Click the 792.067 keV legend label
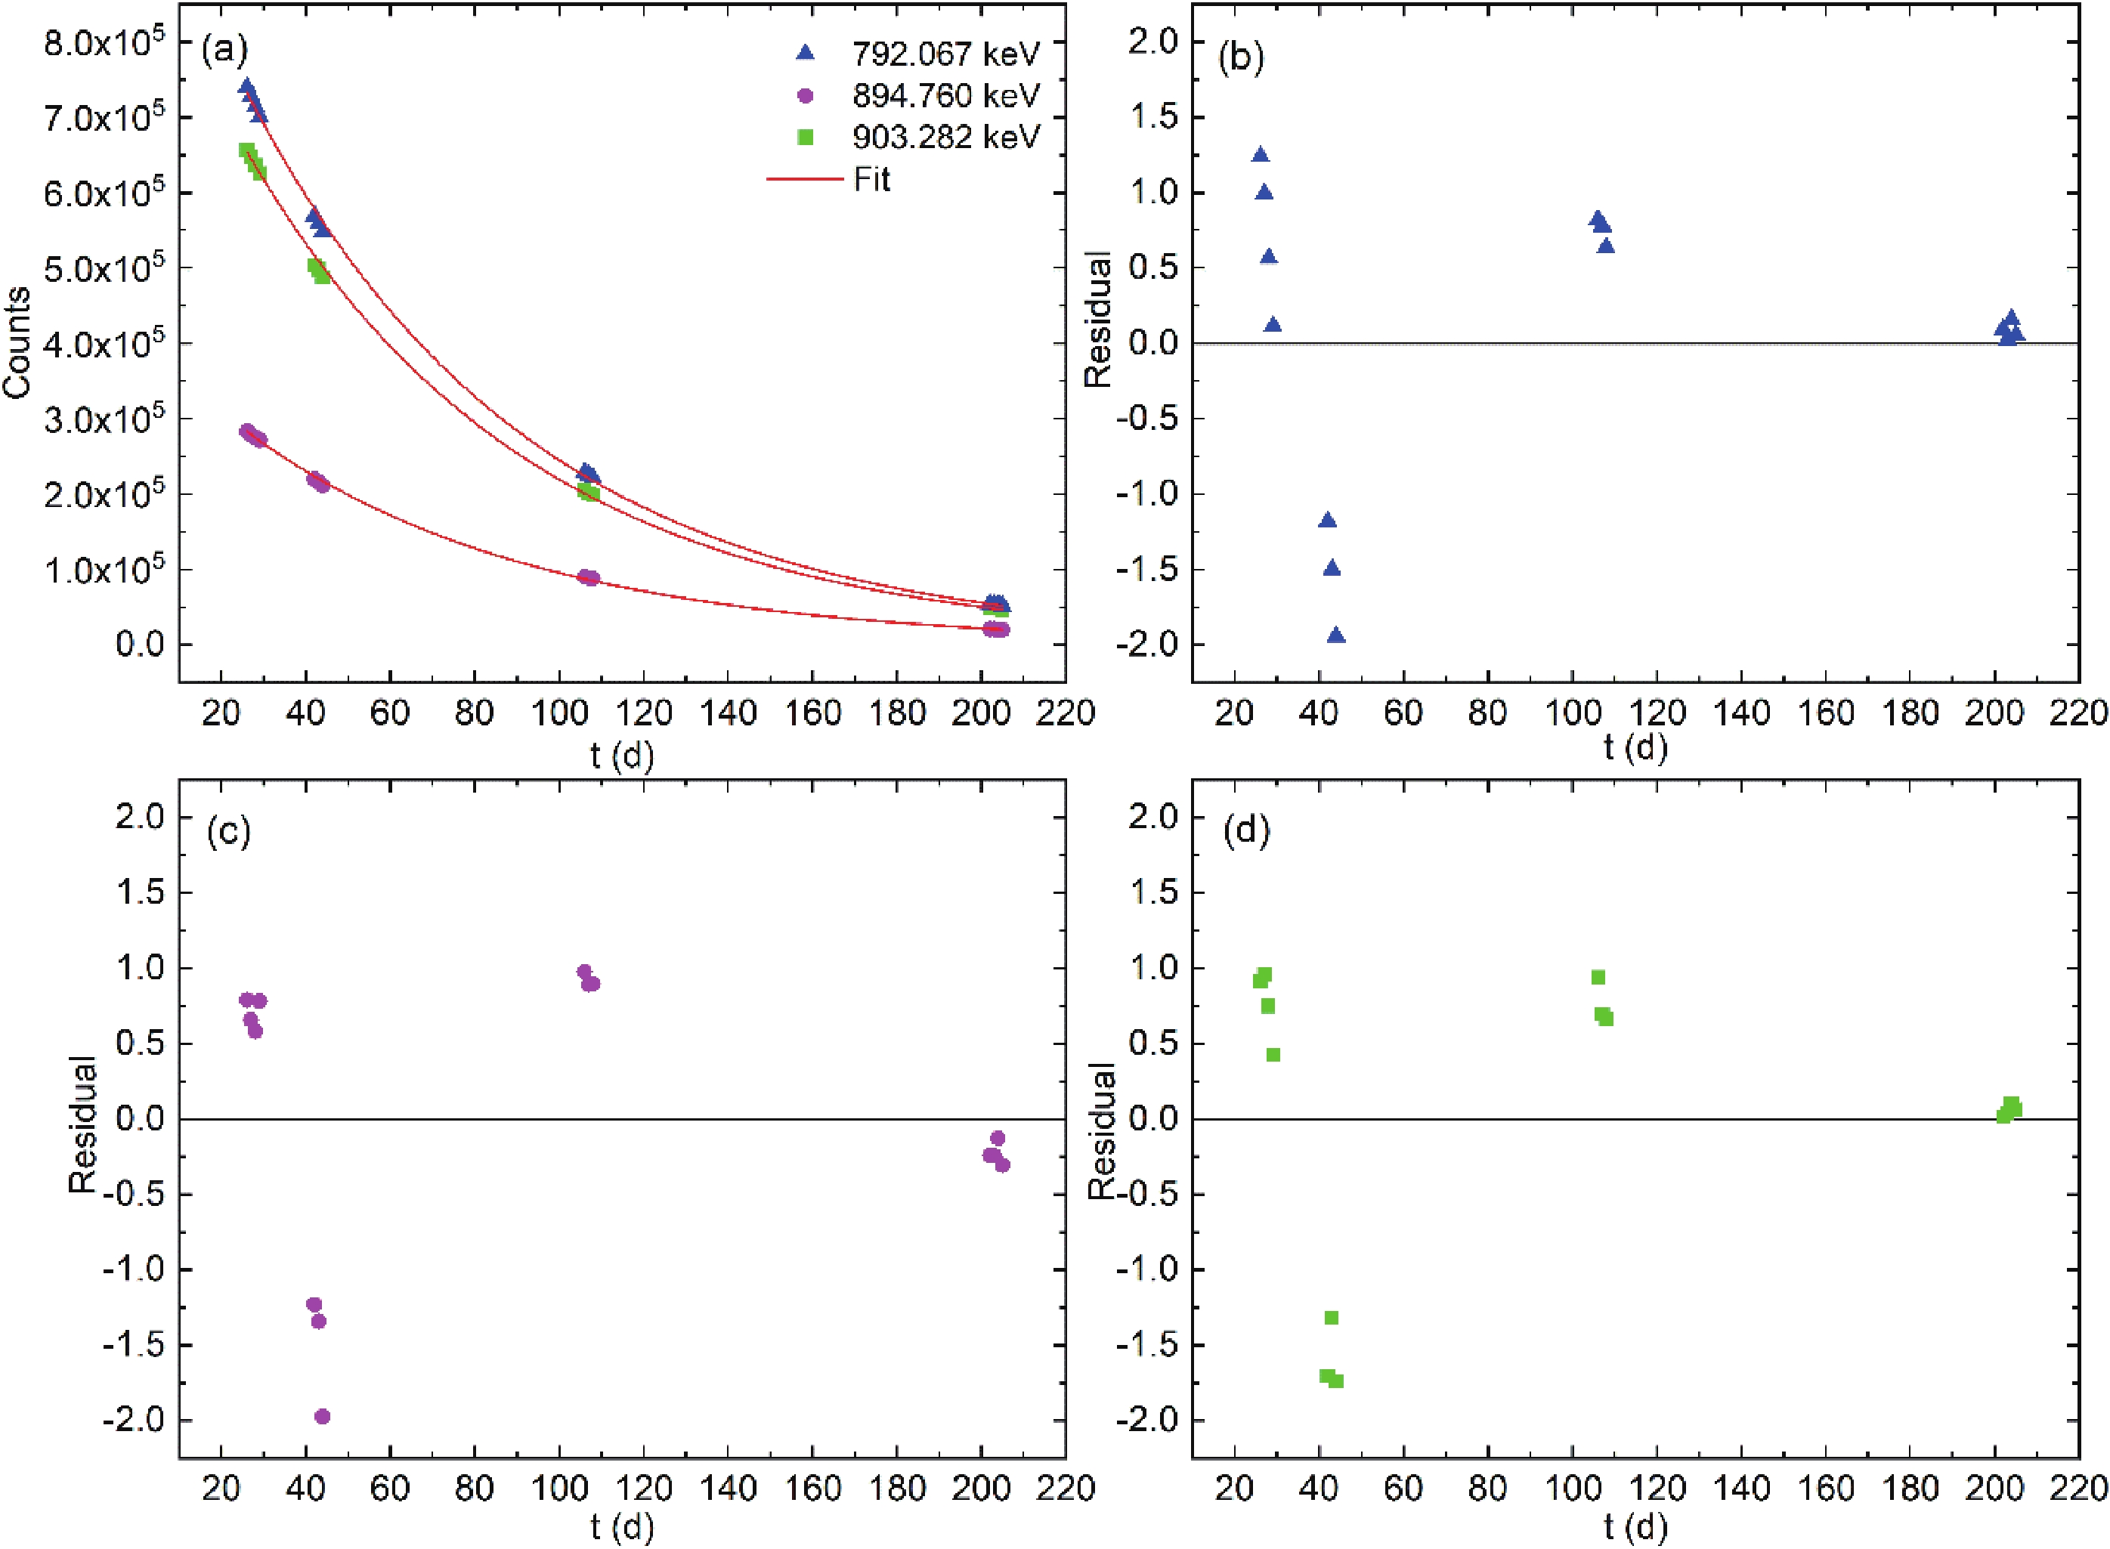point(945,54)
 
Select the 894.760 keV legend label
point(945,96)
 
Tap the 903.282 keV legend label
point(945,137)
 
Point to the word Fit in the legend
point(871,179)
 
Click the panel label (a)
point(225,50)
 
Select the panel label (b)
point(1239,57)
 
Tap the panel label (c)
point(228,832)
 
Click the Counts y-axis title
point(17,342)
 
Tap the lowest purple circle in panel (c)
point(323,1417)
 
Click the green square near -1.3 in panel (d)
point(1331,1317)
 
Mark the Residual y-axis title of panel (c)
point(82,1124)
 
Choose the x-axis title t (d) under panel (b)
point(1635,748)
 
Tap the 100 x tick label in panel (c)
point(559,1489)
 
